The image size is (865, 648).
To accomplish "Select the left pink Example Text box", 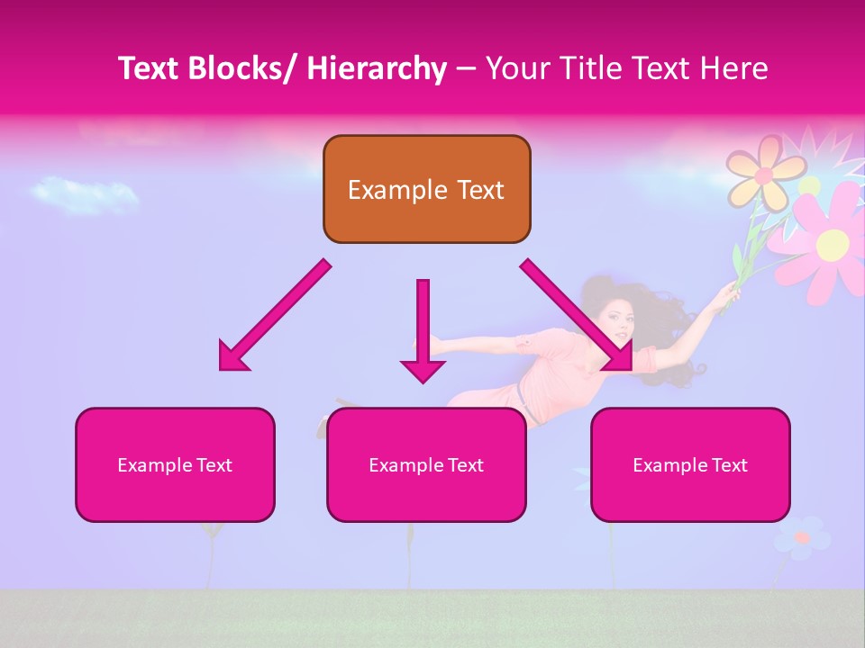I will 175,464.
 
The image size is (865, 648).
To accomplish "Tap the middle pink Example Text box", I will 426,464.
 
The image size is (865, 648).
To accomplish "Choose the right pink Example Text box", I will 690,464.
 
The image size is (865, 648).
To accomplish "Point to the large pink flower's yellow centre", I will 833,241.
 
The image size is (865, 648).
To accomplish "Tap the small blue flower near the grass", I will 800,538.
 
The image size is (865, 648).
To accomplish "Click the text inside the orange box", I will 426,190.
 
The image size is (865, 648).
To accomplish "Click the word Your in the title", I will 518,68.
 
